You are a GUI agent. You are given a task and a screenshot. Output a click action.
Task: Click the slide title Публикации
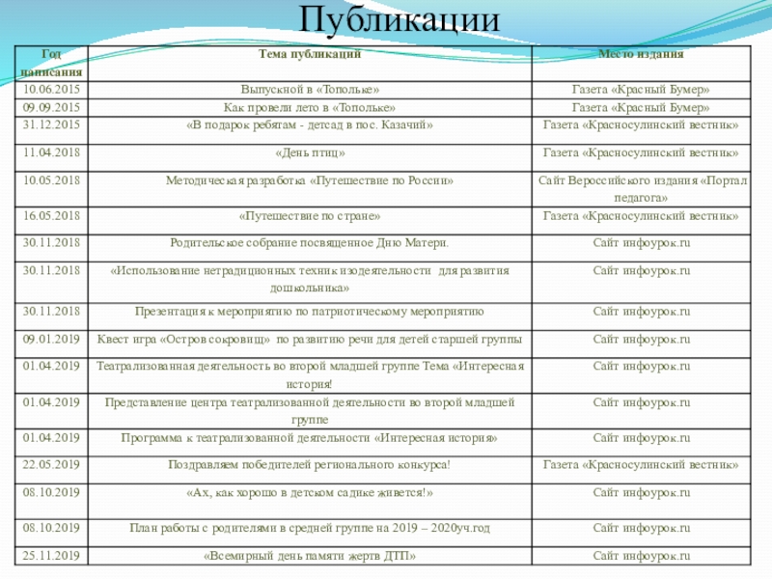400,20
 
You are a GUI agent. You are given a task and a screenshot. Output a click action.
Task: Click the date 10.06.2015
51,90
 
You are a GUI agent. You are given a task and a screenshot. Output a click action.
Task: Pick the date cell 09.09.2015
51,108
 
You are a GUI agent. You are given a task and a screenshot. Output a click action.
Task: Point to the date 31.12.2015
51,125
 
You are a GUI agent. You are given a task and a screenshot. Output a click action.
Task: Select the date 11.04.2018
51,153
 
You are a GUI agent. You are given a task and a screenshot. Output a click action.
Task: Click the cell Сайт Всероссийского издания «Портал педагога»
641,189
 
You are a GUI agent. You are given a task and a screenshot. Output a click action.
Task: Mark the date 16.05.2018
51,216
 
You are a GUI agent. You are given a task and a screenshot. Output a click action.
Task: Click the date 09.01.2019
51,339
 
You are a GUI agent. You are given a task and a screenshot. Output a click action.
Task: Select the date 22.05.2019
51,465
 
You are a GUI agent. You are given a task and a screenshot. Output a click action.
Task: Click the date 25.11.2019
51,556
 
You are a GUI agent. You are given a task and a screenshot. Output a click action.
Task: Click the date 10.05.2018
51,180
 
